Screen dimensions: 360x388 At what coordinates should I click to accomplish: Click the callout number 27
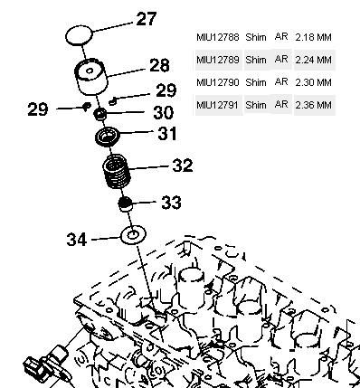pyautogui.click(x=147, y=19)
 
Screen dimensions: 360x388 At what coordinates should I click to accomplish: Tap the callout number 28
pyautogui.click(x=159, y=65)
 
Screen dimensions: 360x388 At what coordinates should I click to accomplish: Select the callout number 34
pyautogui.click(x=77, y=240)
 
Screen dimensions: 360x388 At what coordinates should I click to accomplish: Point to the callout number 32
pyautogui.click(x=183, y=166)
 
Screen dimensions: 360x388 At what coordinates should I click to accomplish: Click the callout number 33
pyautogui.click(x=171, y=203)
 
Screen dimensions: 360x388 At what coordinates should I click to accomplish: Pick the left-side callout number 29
pyautogui.click(x=38, y=109)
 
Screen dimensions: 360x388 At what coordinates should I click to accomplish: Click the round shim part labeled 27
pyautogui.click(x=79, y=35)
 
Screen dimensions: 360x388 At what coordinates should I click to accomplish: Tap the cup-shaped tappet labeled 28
pyautogui.click(x=91, y=76)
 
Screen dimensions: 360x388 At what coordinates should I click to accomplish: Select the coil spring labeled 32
pyautogui.click(x=117, y=172)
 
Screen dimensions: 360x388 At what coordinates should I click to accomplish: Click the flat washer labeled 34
pyautogui.click(x=133, y=235)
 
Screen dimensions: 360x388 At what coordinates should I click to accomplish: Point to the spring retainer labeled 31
pyautogui.click(x=108, y=137)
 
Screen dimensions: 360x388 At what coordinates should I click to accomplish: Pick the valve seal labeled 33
pyautogui.click(x=126, y=204)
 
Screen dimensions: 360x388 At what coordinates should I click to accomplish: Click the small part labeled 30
pyautogui.click(x=100, y=114)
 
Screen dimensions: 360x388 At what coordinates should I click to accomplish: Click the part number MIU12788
pyautogui.click(x=218, y=37)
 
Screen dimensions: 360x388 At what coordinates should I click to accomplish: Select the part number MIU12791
pyautogui.click(x=218, y=105)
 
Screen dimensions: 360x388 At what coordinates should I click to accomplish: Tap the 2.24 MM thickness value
pyautogui.click(x=314, y=60)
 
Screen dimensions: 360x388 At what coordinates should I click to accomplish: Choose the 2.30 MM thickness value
pyautogui.click(x=314, y=82)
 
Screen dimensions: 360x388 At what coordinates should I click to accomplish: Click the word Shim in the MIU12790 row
pyautogui.click(x=256, y=82)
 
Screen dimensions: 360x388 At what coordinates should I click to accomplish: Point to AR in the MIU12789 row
pyautogui.click(x=281, y=60)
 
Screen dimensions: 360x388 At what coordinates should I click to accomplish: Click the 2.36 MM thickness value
pyautogui.click(x=314, y=105)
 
